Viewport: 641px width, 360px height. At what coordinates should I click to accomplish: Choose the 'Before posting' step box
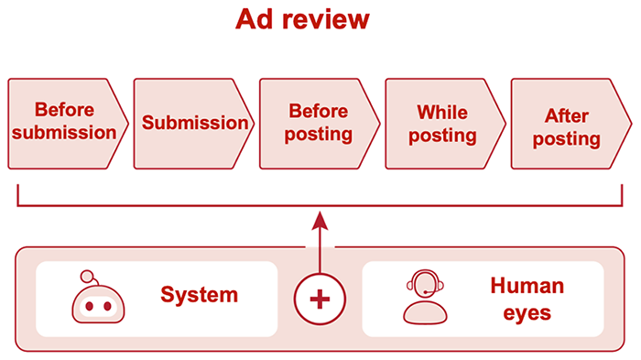click(x=319, y=123)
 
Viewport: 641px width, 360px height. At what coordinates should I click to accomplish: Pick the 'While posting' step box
click(x=444, y=123)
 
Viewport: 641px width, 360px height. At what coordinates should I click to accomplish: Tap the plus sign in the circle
click(x=319, y=300)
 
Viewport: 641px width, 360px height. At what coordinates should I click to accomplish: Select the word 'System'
click(x=199, y=295)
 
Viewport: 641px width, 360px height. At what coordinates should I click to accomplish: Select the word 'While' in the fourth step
click(x=442, y=112)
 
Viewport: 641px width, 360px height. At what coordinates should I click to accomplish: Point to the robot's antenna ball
click(x=87, y=275)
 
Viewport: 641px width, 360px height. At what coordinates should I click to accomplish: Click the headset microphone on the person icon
click(x=426, y=293)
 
